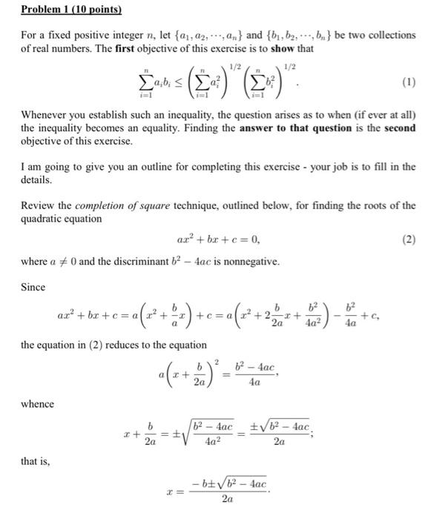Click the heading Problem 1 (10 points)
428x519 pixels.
pos(71,10)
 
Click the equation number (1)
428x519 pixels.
pos(408,83)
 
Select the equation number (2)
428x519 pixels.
pos(408,239)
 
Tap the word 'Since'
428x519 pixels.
pos(33,287)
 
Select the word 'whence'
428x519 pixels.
pos(38,404)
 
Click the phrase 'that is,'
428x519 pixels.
pos(35,462)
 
